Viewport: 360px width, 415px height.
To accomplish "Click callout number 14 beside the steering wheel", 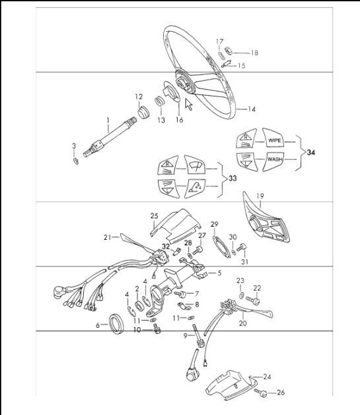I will tap(251, 109).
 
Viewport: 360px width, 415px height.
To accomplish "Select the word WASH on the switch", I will tap(275, 160).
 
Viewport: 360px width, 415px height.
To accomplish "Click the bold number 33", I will tap(231, 178).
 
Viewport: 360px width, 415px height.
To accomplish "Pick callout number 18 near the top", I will tap(254, 52).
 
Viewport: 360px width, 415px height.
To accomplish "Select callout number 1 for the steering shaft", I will tap(108, 120).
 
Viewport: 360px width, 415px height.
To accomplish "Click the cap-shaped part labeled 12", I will tap(141, 109).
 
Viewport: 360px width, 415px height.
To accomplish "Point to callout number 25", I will tap(154, 215).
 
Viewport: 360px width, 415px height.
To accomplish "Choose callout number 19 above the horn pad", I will tap(260, 196).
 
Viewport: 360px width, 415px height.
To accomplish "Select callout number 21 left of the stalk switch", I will tap(107, 237).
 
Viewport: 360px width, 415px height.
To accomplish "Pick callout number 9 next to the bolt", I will tap(186, 336).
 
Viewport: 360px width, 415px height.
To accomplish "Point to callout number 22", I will tap(257, 287).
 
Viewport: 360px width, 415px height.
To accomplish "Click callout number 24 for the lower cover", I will tap(268, 377).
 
